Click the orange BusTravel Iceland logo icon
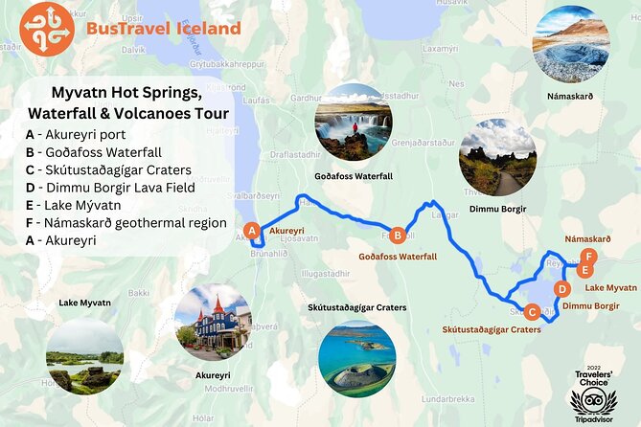point(46,28)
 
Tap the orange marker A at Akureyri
point(252,230)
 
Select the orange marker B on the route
point(398,234)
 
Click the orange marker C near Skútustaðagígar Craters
point(533,310)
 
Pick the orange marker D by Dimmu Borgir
point(562,288)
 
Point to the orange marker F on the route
point(590,256)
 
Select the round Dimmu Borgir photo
point(496,158)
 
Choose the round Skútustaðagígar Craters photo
point(356,358)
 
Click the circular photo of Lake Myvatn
point(85,356)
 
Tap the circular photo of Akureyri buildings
point(213,322)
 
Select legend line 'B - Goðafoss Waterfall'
point(93,152)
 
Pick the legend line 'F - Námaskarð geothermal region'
point(126,222)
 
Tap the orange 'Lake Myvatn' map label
point(610,287)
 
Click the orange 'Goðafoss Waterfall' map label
point(398,257)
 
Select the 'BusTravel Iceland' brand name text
point(163,29)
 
